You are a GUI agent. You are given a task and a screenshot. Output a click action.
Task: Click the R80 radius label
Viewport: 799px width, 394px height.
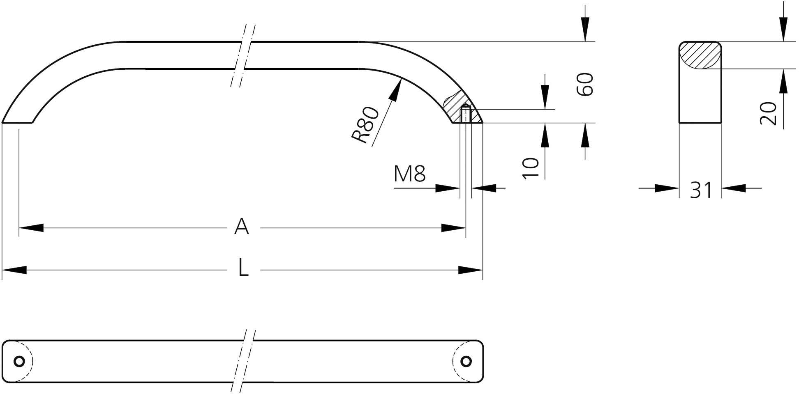tap(365, 125)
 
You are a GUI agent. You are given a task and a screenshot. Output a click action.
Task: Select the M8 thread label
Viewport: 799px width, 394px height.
tap(409, 174)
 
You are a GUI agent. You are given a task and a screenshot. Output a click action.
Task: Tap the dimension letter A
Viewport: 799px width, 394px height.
tap(242, 227)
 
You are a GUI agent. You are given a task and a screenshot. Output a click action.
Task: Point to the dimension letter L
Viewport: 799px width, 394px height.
tap(243, 269)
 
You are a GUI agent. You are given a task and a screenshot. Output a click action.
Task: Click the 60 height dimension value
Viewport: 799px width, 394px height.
tap(585, 85)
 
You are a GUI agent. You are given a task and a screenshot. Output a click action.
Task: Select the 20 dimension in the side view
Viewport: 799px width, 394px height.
tap(768, 114)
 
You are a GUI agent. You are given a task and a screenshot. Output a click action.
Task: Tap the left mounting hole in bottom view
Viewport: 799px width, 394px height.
tap(19, 361)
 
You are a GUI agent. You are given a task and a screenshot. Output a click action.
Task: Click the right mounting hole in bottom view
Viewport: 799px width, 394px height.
tap(466, 361)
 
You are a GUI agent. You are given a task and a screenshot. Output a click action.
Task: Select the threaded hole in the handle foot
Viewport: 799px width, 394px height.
tap(465, 114)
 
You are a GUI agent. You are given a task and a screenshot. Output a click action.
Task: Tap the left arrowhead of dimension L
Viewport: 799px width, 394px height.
tap(14, 270)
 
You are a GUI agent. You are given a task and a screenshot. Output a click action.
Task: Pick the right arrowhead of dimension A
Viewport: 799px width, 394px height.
tap(454, 228)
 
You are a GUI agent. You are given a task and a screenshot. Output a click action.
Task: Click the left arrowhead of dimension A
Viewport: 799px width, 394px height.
tap(31, 228)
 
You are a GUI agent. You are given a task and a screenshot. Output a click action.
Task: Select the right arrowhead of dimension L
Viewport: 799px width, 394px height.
tap(471, 270)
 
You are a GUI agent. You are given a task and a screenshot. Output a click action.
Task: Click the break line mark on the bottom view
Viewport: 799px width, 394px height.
tap(243, 361)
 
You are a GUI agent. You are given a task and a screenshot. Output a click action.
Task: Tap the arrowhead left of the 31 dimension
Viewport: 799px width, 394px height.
tap(667, 188)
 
